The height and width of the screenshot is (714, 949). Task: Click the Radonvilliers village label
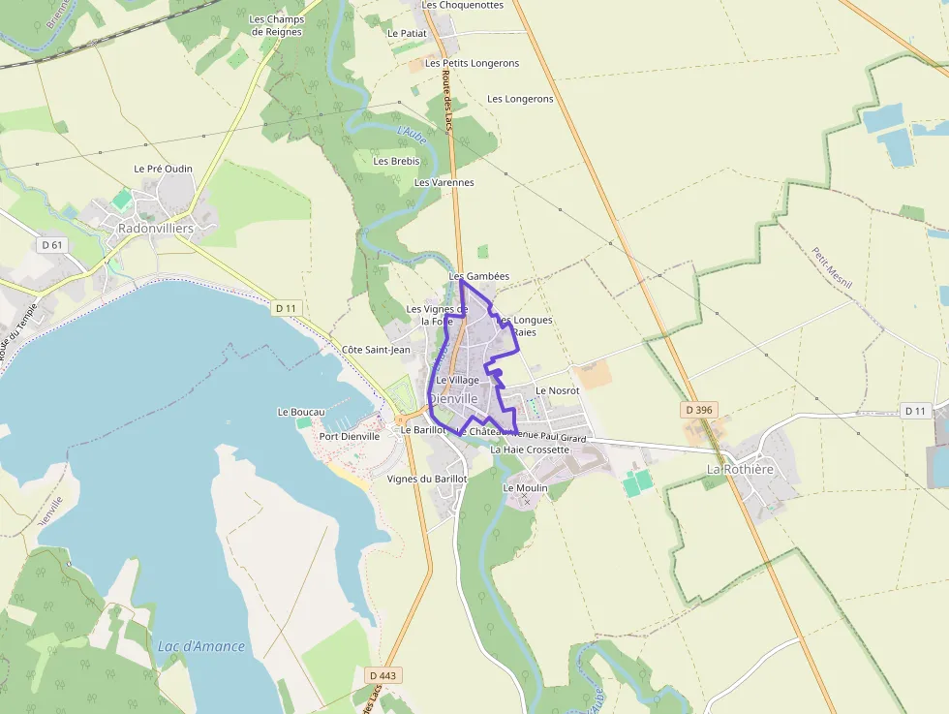coord(155,229)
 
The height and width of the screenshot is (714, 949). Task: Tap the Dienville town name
coord(453,398)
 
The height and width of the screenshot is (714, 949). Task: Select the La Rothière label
coord(740,469)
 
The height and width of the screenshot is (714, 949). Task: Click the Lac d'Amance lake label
coord(201,646)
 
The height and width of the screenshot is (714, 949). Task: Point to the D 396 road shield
coord(698,410)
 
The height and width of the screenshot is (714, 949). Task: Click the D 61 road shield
coord(52,245)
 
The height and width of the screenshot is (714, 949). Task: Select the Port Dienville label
coord(350,436)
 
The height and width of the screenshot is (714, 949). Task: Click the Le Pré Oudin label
coord(163,169)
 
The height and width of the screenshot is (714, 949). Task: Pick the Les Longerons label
coord(520,99)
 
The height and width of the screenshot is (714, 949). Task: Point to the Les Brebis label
coord(396,161)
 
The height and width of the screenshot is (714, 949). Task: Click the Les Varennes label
coord(444,182)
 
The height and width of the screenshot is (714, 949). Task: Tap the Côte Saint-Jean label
coord(377,349)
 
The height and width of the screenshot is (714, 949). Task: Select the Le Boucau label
coord(300,412)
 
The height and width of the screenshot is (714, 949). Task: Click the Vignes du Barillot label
coord(426,479)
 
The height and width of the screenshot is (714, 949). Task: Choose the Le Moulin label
coord(525,488)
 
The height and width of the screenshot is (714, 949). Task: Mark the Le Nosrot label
coord(557,390)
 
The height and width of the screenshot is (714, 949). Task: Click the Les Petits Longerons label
coord(472,63)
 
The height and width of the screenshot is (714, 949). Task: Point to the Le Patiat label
coord(407,33)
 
